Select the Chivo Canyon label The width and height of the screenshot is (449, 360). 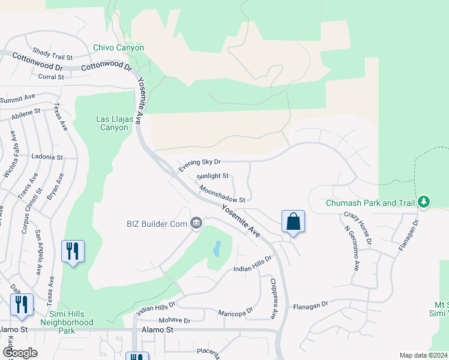pos(118,48)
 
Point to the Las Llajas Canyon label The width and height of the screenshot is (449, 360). pos(113,123)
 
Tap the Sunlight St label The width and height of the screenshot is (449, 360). pos(212,176)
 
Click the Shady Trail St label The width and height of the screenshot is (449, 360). pos(52,55)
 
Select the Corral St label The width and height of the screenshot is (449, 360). pos(51,77)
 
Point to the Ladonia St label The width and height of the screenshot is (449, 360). pos(47,157)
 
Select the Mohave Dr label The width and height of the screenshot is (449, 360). pos(175,320)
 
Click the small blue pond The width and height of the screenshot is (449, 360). pos(216,247)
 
